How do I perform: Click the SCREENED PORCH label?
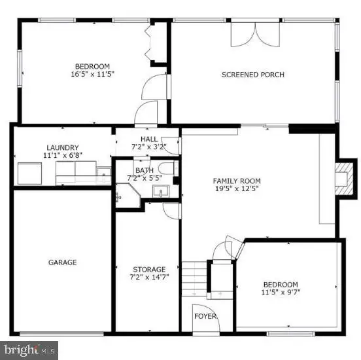click(x=253, y=75)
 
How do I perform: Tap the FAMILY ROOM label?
click(x=237, y=181)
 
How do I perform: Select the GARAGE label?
click(x=62, y=262)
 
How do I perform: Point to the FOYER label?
click(x=205, y=316)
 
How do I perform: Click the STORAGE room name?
click(x=149, y=270)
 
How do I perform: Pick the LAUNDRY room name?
click(x=63, y=147)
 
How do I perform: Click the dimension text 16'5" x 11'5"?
click(x=93, y=74)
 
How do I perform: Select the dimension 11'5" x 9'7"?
click(x=281, y=292)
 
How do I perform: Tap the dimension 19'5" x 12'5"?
click(x=237, y=189)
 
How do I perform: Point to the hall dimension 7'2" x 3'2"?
click(x=149, y=147)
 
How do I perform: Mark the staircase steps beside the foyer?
click(x=194, y=279)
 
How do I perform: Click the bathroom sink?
click(x=161, y=191)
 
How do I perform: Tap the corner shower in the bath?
click(x=128, y=195)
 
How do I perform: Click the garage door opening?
click(x=61, y=333)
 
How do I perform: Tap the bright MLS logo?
click(x=29, y=350)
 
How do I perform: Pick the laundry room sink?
click(x=103, y=172)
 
